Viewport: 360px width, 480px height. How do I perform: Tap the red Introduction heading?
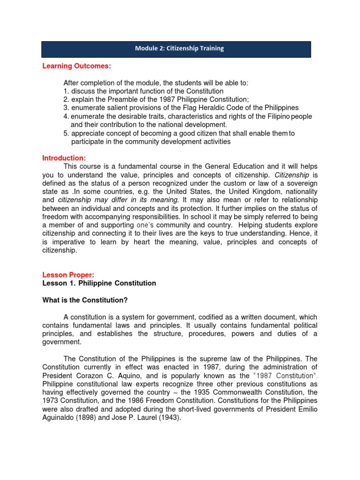point(64,158)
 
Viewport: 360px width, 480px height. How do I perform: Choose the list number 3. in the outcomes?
point(66,108)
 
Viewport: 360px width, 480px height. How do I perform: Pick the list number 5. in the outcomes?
point(66,134)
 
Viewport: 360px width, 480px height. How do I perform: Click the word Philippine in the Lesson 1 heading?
point(97,283)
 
